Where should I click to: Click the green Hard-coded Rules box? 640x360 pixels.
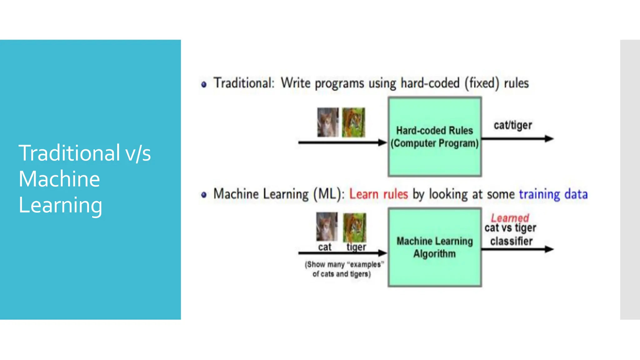435,137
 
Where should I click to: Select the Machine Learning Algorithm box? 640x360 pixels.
435,247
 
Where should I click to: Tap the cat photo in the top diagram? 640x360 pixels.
328,122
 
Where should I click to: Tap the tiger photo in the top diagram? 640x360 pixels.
353,122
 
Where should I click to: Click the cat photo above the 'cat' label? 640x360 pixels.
327,227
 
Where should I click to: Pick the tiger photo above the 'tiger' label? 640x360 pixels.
355,227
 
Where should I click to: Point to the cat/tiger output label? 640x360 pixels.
513,125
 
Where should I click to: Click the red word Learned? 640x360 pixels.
510,218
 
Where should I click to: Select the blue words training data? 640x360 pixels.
553,194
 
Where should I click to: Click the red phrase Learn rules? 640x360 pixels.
378,194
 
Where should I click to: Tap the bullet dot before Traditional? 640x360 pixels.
204,84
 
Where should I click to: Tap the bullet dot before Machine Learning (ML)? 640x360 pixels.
204,195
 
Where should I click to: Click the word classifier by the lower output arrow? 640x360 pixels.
511,241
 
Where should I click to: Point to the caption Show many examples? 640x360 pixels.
344,269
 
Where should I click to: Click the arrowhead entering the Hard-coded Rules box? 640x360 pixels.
382,142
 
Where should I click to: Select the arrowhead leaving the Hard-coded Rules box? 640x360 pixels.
549,138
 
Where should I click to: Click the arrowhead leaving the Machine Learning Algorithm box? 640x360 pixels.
549,249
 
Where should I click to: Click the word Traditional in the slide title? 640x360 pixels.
69,153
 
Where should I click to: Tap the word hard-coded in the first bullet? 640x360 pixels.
430,83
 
